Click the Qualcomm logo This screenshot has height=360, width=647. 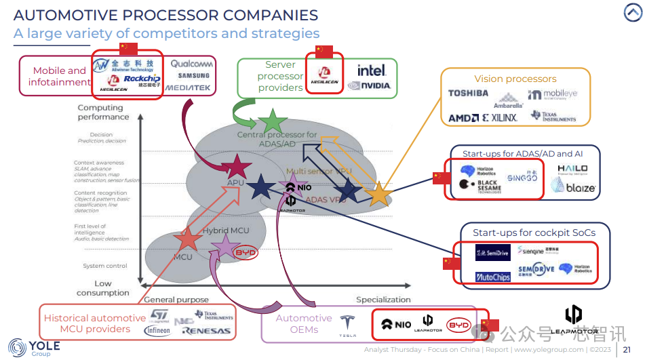pyautogui.click(x=191, y=64)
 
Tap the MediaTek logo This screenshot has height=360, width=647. pyautogui.click(x=188, y=88)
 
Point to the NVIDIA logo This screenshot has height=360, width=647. pyautogui.click(x=369, y=85)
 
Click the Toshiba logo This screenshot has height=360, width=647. pyautogui.click(x=468, y=94)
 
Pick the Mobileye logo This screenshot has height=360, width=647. pyautogui.click(x=553, y=95)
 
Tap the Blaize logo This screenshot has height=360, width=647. pyautogui.click(x=573, y=187)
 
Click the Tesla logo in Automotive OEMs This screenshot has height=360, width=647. pyautogui.click(x=348, y=326)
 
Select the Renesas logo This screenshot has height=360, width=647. pyautogui.click(x=206, y=332)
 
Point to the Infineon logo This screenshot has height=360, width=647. pyautogui.click(x=157, y=331)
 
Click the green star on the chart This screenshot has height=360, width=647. pyautogui.click(x=273, y=121)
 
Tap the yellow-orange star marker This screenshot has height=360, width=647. pyautogui.click(x=379, y=195)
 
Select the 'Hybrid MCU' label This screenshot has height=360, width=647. pyautogui.click(x=226, y=231)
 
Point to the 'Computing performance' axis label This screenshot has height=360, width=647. pyautogui.click(x=103, y=112)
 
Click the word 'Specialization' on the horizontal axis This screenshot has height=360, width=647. pyautogui.click(x=383, y=299)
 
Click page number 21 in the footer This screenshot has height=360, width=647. pyautogui.click(x=627, y=350)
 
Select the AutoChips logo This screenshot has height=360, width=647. pyautogui.click(x=492, y=277)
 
